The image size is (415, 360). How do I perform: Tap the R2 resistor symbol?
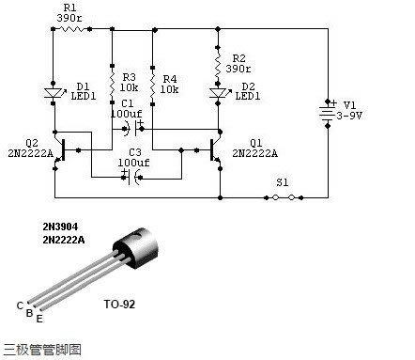(219, 64)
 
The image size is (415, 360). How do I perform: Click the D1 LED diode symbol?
(53, 92)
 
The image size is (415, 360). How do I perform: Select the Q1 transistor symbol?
(213, 149)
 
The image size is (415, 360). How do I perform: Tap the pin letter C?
(19, 305)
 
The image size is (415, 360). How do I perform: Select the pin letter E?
(39, 320)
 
